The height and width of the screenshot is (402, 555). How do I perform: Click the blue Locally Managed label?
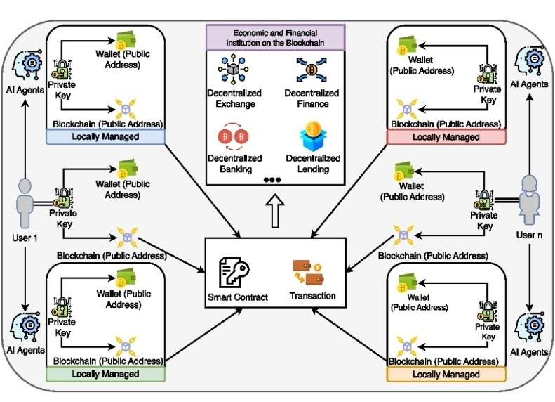coord(105,136)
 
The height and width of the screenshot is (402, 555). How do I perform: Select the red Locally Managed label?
coord(446,136)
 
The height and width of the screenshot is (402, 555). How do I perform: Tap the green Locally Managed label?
coord(105,373)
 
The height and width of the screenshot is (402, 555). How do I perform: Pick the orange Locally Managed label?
coord(446,374)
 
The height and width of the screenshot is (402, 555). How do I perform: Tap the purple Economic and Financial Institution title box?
coord(274,38)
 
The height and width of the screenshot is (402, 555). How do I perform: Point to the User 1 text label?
coord(25,238)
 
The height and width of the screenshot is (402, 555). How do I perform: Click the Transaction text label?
coord(312,296)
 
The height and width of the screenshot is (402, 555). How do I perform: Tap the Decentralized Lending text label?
coord(312,164)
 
